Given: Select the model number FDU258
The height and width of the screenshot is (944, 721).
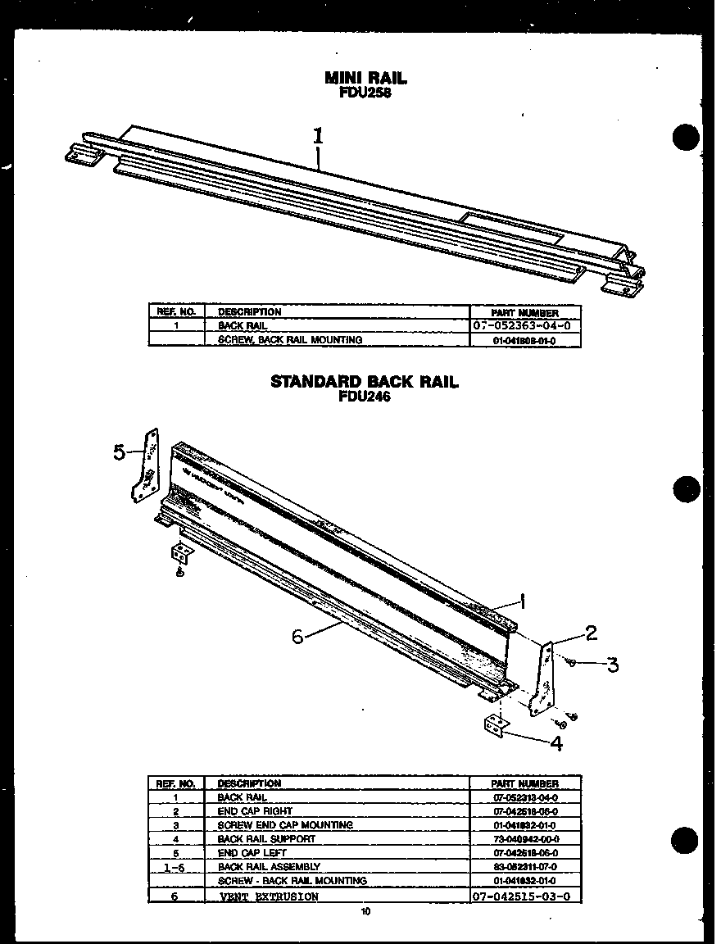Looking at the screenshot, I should point(365,92).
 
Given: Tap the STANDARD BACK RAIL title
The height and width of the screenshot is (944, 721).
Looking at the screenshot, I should point(365,382).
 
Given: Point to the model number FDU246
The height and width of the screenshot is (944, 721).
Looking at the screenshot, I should point(365,397).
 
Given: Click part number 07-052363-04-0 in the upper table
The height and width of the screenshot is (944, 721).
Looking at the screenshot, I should point(525,325).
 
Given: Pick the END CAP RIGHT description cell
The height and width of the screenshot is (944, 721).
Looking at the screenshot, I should point(254,810).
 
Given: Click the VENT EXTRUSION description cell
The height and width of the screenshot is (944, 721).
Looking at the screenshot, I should point(270,896).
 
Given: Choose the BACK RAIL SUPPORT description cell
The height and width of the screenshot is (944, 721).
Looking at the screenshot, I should point(265,839).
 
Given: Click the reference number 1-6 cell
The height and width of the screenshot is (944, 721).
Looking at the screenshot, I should point(175,867).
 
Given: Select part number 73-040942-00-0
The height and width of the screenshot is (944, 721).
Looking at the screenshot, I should point(525,839).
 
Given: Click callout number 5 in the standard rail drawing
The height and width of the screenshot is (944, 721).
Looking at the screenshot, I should point(120,452).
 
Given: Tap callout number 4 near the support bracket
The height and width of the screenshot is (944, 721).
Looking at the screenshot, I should point(556,744).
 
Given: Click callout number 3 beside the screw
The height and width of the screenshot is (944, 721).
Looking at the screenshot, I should point(612,664).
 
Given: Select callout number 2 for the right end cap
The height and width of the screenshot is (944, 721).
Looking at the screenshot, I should point(591,632).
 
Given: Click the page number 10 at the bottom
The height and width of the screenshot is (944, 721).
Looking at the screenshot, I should point(365,911).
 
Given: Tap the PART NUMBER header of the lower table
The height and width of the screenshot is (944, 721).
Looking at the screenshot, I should point(525,784).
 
